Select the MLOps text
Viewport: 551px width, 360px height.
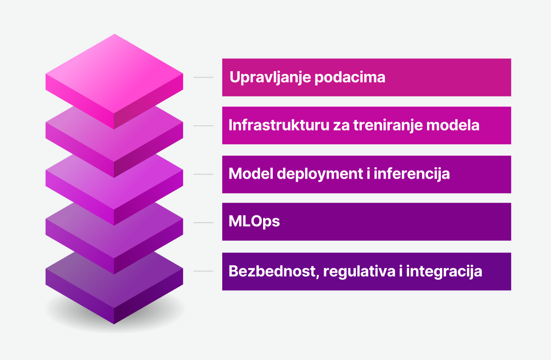point(254,222)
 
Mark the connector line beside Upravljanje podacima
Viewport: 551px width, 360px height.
point(203,77)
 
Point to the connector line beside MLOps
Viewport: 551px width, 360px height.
point(203,223)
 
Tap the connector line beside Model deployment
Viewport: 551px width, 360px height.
point(203,174)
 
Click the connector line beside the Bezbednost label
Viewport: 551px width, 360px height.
point(203,271)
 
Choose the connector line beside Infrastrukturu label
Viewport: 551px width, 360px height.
point(203,125)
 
